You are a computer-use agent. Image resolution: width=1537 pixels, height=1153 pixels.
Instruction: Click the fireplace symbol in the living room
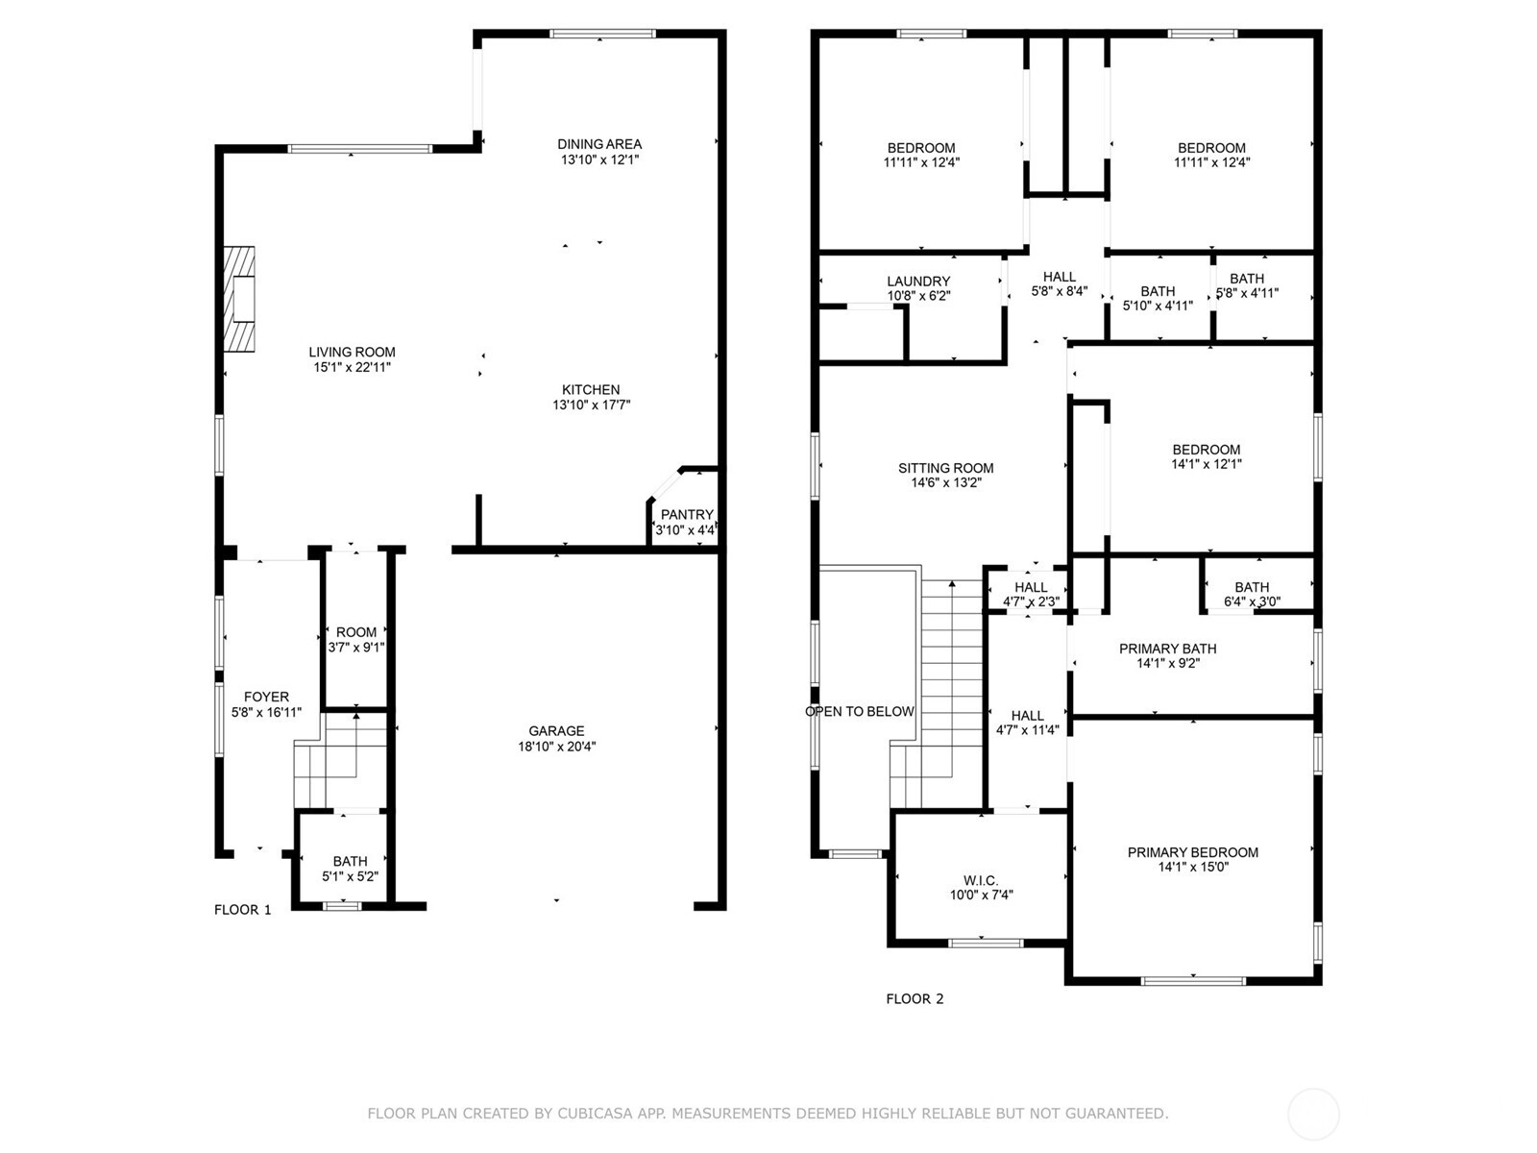pos(240,300)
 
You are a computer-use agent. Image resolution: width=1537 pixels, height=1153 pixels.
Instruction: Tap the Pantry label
pos(687,515)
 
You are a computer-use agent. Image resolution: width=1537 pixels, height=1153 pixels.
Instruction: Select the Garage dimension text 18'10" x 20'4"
pos(555,747)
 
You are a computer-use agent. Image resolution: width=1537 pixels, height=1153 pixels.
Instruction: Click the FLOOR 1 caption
pos(242,910)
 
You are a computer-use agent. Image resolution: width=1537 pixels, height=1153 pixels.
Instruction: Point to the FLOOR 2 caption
pos(915,999)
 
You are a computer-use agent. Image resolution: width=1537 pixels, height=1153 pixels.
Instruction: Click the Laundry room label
pos(918,282)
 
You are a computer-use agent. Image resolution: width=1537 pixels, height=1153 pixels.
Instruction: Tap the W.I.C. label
pos(981,880)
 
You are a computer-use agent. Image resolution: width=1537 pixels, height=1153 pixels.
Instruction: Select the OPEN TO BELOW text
pos(860,712)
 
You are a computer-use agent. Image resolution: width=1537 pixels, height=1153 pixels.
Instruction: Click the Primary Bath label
pos(1167,650)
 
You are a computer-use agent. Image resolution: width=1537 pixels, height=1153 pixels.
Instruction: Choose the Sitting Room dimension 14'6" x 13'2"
pos(945,483)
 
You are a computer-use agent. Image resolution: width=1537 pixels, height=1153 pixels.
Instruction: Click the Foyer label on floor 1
pos(266,698)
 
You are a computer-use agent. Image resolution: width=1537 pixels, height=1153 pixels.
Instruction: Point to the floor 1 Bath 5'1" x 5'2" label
pos(350,861)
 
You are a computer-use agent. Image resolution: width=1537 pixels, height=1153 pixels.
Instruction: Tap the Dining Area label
pos(599,145)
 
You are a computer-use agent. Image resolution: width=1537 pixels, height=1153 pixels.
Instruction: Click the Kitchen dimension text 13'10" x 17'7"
pos(591,405)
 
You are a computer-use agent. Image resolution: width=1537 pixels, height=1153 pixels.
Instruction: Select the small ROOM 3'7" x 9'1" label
pos(356,632)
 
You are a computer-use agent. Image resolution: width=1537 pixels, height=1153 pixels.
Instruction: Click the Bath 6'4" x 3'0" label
pos(1252,587)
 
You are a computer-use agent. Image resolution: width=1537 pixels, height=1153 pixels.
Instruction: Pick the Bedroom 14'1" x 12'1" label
pos(1206,450)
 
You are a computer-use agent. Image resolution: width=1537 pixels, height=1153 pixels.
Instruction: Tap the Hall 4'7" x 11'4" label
pos(1027,716)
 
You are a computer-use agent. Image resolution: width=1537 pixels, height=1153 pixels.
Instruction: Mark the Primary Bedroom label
pos(1192,852)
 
